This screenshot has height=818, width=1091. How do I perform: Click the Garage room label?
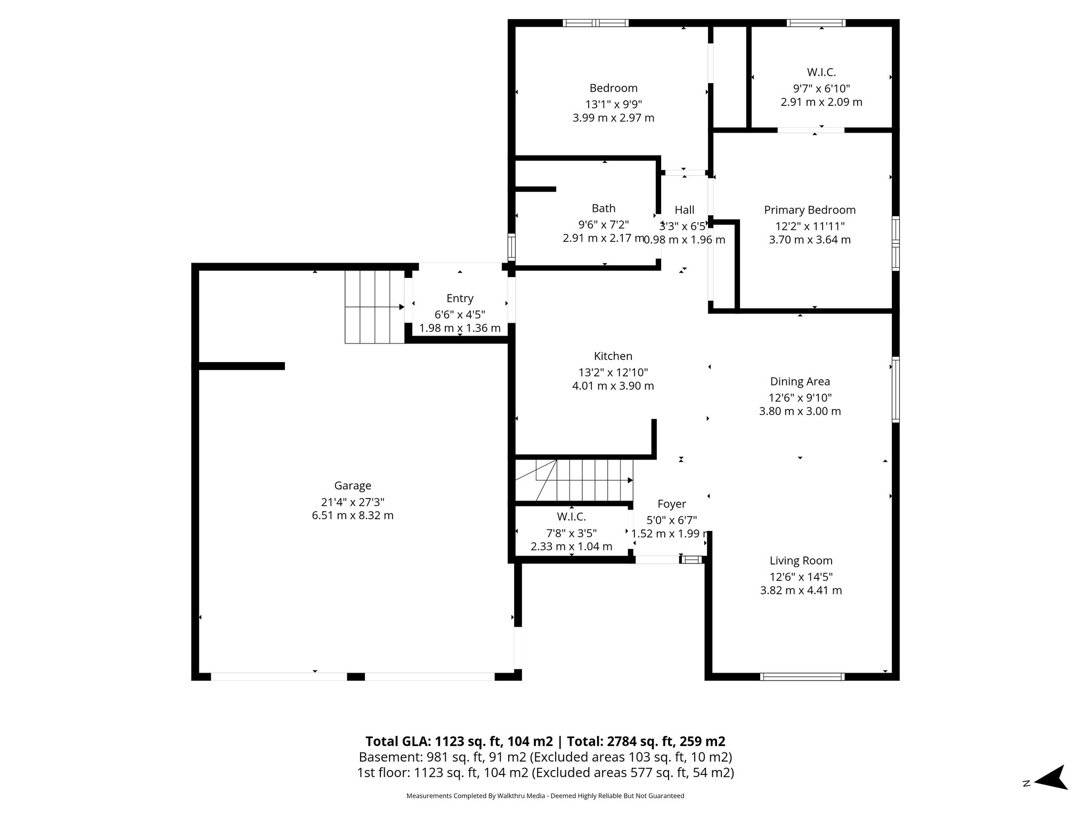click(352, 486)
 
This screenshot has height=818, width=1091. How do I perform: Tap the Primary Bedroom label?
click(809, 210)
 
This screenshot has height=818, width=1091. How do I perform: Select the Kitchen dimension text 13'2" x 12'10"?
click(613, 372)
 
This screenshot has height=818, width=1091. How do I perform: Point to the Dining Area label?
click(800, 381)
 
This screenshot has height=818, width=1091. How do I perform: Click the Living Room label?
click(801, 560)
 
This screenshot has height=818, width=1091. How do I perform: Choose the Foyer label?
click(671, 504)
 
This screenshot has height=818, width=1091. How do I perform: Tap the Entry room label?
click(460, 298)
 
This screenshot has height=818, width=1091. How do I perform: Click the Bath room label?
click(603, 208)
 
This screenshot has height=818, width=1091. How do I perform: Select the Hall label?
click(684, 210)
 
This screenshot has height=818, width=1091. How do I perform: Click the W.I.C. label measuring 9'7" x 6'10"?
click(821, 72)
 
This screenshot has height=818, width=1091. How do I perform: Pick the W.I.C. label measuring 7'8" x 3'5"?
click(571, 517)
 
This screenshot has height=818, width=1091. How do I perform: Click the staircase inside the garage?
click(374, 307)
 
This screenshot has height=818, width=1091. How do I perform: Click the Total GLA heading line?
click(545, 741)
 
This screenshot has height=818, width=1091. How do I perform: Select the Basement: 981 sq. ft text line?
click(545, 757)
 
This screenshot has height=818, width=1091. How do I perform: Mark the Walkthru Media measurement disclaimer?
click(545, 796)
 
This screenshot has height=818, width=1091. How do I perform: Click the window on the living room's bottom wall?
click(802, 677)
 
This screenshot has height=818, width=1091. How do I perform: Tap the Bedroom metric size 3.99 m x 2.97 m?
click(613, 118)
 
